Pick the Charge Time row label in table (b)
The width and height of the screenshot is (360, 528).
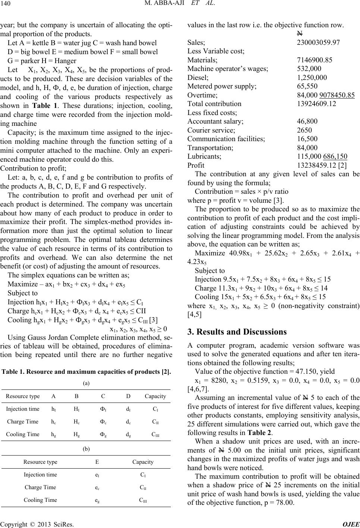point(40,487)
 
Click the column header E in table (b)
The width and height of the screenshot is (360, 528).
point(97,462)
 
